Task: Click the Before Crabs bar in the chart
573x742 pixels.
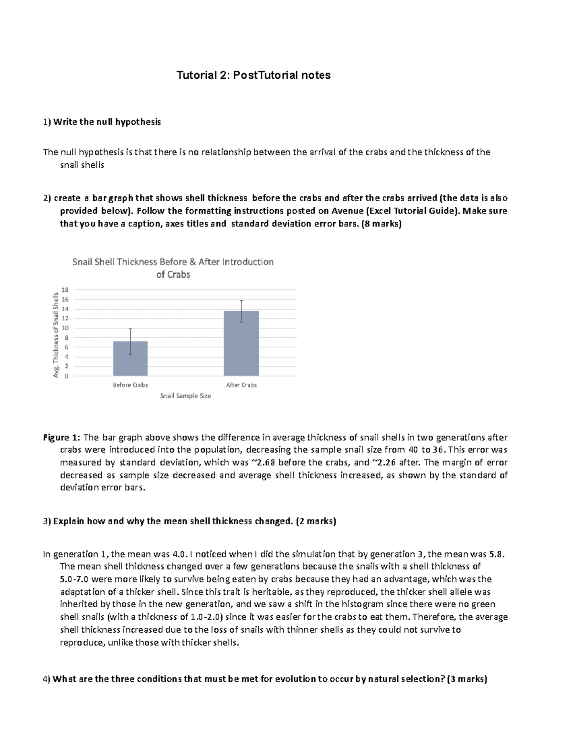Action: pos(130,358)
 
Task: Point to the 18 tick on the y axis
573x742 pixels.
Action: pos(65,290)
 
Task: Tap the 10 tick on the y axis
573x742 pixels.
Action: pos(65,328)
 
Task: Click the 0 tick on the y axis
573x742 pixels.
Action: pos(67,376)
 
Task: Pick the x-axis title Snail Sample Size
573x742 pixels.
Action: pos(186,396)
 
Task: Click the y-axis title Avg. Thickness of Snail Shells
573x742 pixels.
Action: pos(56,335)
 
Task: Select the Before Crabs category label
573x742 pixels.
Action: pos(130,385)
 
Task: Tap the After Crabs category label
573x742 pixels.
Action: pos(241,385)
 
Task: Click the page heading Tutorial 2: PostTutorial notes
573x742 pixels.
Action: pos(254,75)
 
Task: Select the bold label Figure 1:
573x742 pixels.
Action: pos(62,437)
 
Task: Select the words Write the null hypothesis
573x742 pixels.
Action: pos(107,122)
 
